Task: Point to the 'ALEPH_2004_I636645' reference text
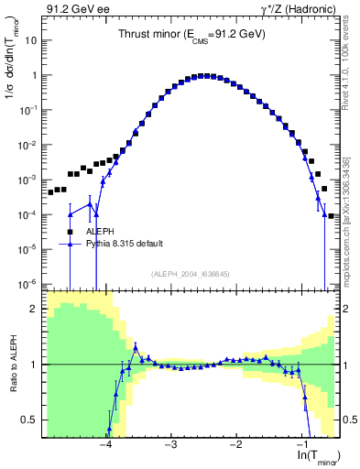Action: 190,274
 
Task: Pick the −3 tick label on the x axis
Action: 170,444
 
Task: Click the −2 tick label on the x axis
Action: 235,444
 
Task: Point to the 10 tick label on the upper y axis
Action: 30,41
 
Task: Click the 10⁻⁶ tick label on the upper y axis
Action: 27,283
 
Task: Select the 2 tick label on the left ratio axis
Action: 35,309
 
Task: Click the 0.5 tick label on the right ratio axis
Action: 348,420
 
